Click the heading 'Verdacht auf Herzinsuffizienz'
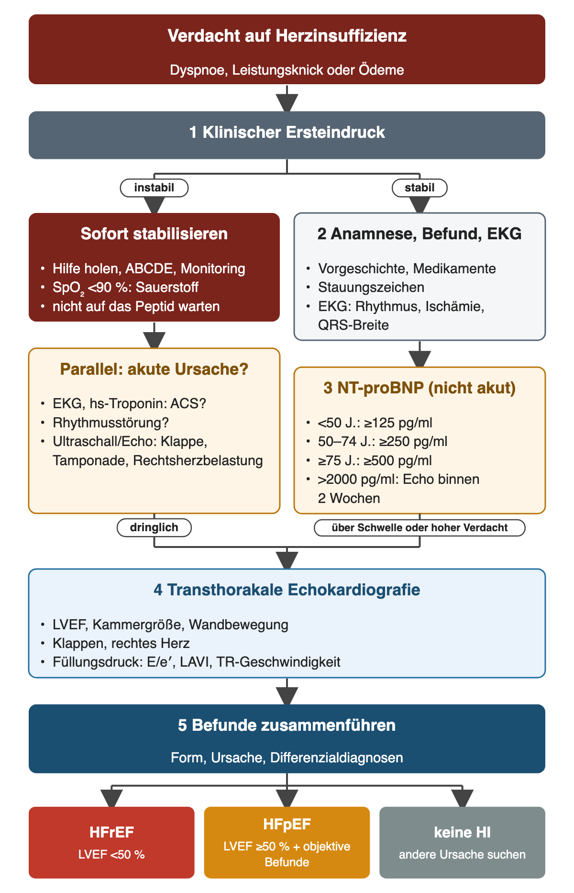tap(287, 36)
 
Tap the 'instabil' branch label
tap(154, 188)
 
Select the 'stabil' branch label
tap(419, 188)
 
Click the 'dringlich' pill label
tap(154, 527)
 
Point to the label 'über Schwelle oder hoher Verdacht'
tap(419, 527)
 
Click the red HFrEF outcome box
tap(111, 842)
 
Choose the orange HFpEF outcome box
tap(287, 842)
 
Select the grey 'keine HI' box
tap(462, 842)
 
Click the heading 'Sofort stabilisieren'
tap(154, 234)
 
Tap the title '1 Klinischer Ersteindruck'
tap(287, 133)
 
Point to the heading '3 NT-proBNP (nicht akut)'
tap(419, 388)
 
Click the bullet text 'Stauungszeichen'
tap(371, 288)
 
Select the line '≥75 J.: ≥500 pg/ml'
tap(375, 461)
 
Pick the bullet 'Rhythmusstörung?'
tap(111, 423)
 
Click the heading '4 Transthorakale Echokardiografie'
tap(287, 590)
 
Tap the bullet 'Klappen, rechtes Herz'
tap(121, 644)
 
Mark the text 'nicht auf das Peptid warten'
tap(136, 307)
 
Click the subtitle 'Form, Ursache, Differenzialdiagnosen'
tap(287, 758)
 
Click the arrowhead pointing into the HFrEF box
tap(111, 799)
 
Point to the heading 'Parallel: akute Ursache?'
tap(154, 369)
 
